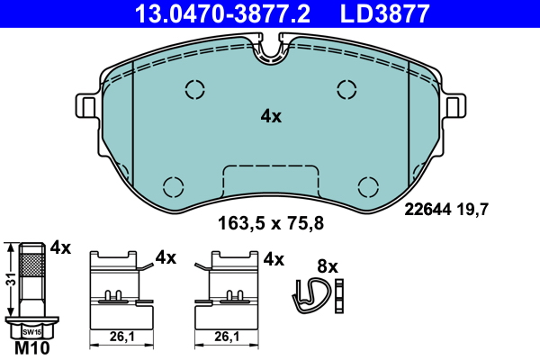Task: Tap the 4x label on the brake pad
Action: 271,116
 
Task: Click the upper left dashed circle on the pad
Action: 194,89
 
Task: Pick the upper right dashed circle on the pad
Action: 346,88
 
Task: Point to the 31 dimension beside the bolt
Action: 9,280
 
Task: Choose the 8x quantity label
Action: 328,265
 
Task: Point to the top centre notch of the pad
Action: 271,50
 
